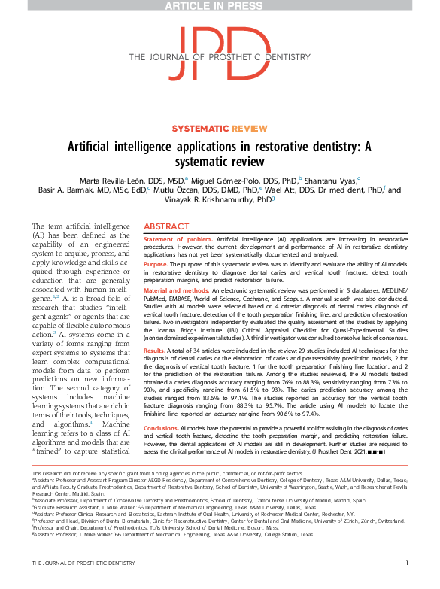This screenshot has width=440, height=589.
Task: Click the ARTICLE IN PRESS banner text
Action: click(220, 7)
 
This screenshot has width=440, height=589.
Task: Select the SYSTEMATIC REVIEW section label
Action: click(220, 129)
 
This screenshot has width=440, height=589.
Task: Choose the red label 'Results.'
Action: click(154, 351)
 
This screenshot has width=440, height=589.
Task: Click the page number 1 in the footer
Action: click(406, 584)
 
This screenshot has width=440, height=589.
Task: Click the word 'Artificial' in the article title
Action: click(114, 147)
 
